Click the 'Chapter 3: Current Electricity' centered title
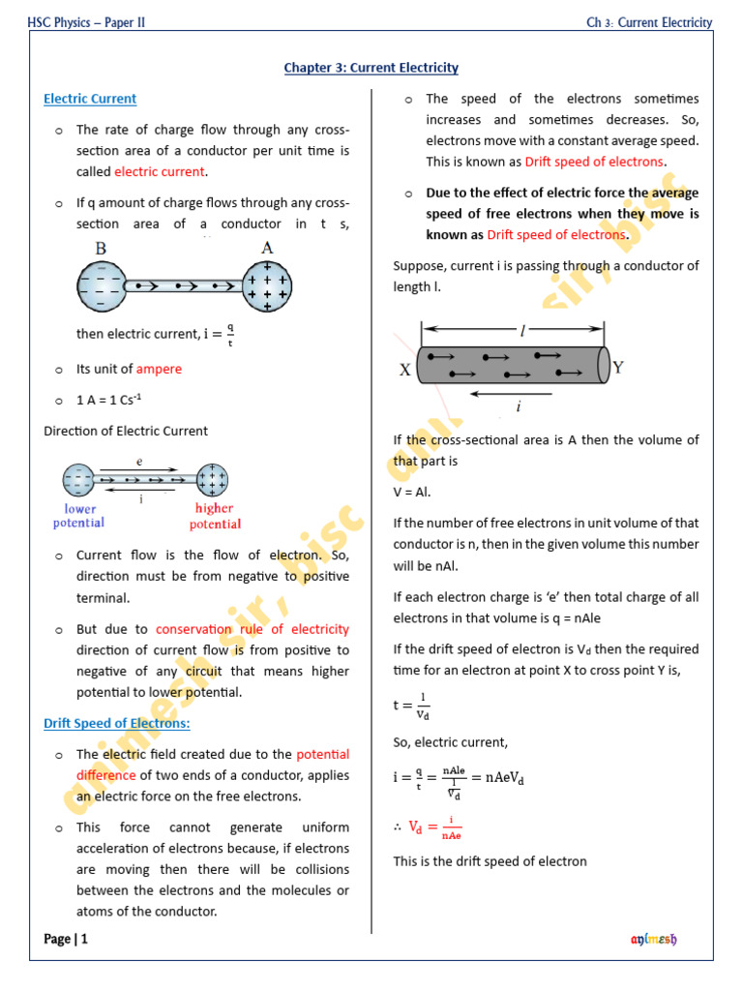coord(371,68)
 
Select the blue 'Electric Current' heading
coord(90,99)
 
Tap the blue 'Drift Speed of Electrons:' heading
coord(117,723)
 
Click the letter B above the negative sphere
coord(101,248)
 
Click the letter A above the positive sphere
coord(267,248)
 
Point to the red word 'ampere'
coord(159,369)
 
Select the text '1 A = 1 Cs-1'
coord(109,400)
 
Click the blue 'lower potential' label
coord(79,516)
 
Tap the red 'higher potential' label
coord(215,516)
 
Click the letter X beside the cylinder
coord(405,370)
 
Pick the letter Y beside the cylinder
coord(618,368)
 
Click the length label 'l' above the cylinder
coord(522,331)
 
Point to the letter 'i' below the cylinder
coord(519,406)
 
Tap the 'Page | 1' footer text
coord(66,939)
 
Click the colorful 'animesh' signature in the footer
coord(654,939)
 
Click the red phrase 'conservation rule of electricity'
coord(252,629)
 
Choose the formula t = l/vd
coord(413,706)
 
